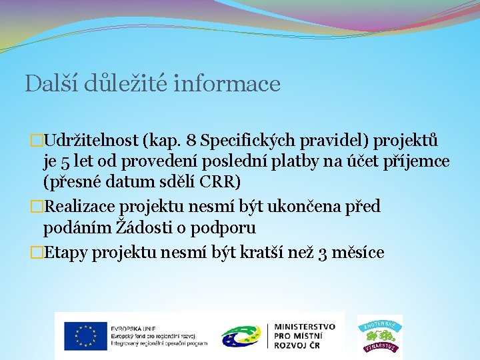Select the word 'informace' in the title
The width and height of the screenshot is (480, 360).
tap(227, 84)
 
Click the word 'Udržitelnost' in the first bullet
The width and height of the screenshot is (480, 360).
tap(90, 141)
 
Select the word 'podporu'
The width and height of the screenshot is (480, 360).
tap(223, 228)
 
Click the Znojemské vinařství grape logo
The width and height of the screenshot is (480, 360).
tap(380, 335)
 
